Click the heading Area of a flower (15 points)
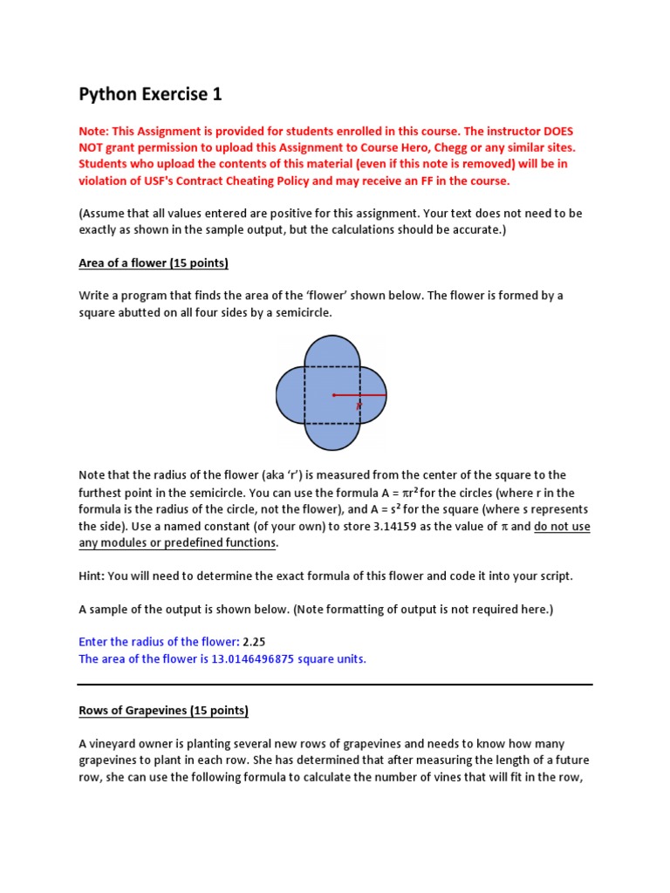coord(154,262)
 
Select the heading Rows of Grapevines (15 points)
coord(163,711)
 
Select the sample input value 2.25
coord(254,642)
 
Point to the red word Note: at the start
coord(96,131)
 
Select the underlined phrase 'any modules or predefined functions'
coord(177,543)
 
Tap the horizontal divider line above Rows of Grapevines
coord(335,685)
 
